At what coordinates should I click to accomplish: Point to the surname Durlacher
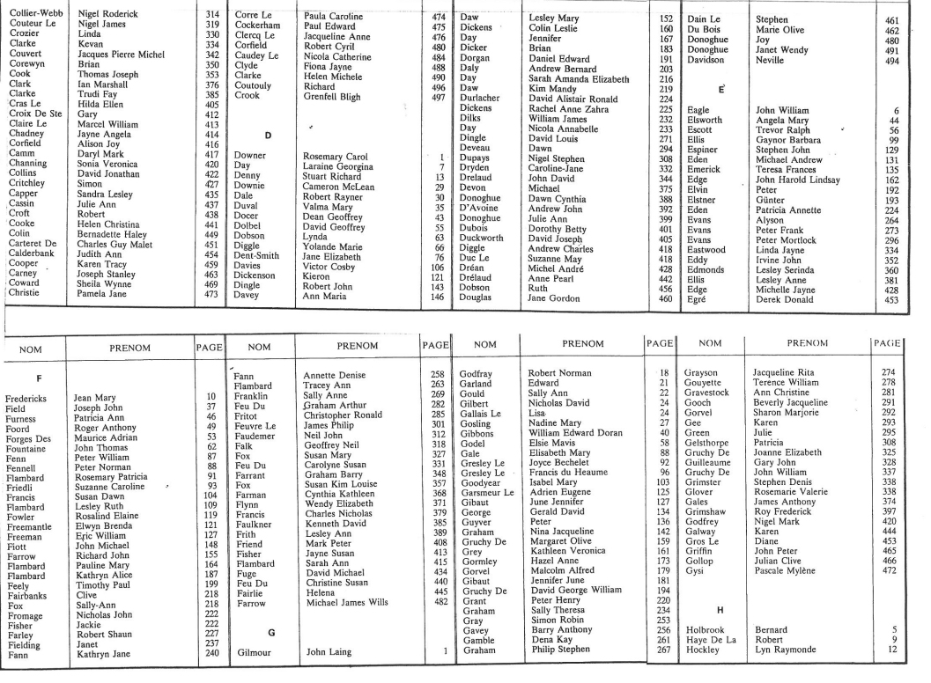tap(481, 99)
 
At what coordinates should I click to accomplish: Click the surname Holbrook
tap(705, 631)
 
